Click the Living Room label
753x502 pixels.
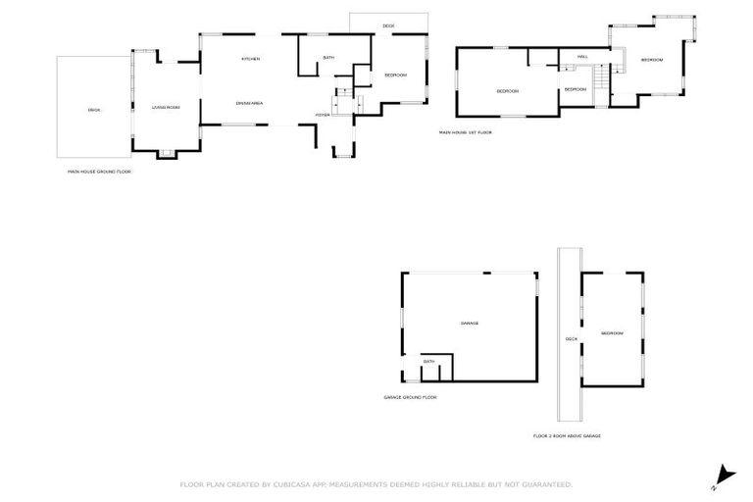(166, 107)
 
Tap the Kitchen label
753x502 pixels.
(251, 60)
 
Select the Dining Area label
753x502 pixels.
(249, 103)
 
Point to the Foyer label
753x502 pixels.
(322, 115)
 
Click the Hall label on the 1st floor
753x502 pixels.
(581, 57)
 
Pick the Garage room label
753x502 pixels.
(470, 324)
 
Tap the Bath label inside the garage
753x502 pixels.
(428, 362)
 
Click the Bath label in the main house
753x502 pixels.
(328, 58)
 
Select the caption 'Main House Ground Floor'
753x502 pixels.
(99, 172)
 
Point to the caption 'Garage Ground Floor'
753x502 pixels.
(410, 397)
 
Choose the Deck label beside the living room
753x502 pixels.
(94, 110)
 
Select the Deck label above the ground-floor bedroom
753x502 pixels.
(388, 25)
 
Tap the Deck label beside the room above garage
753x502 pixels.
(571, 339)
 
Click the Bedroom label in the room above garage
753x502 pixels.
(612, 333)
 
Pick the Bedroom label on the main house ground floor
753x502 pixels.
(395, 75)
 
